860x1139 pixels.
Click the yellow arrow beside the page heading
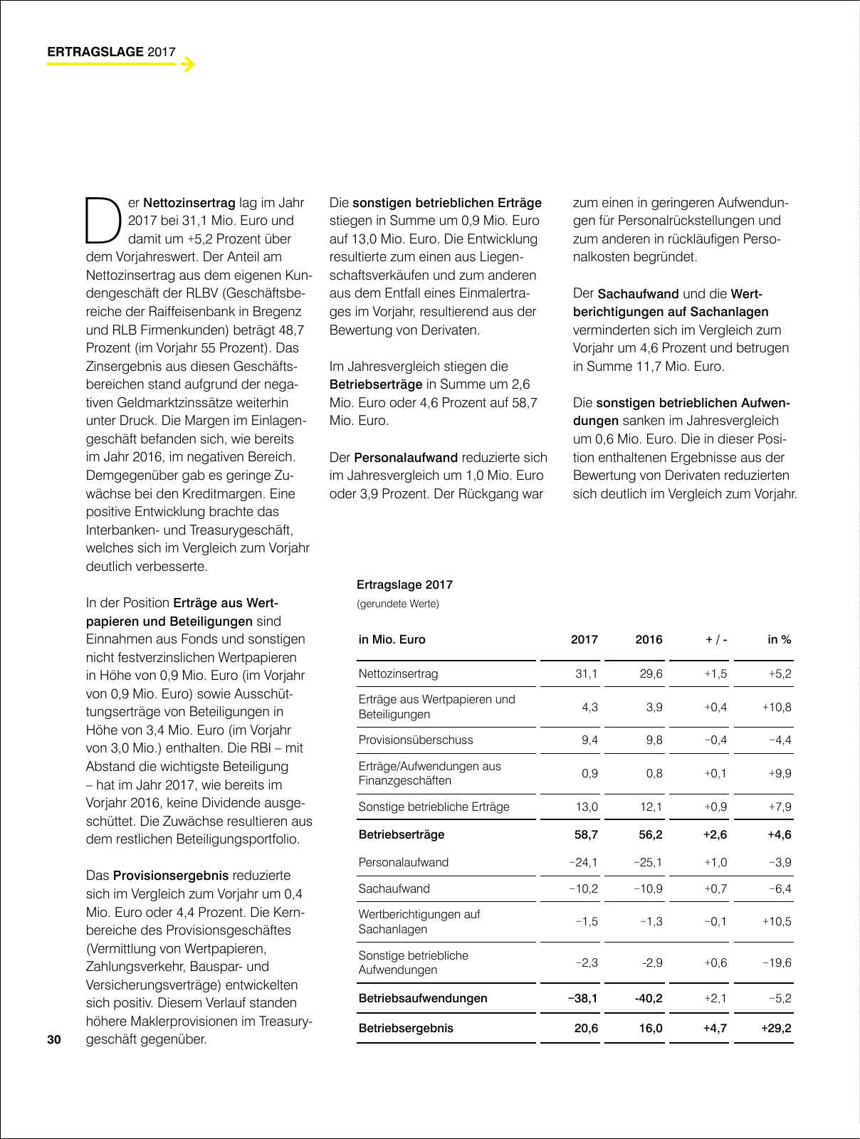(187, 65)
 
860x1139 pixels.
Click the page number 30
(54, 1039)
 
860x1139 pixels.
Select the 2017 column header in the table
(584, 639)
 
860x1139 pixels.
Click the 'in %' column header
(779, 639)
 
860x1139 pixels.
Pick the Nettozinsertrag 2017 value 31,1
(587, 673)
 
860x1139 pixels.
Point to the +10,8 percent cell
(776, 707)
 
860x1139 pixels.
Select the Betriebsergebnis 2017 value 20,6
(586, 1028)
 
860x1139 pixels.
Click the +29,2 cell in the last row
(776, 1028)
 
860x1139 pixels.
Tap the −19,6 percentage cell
(777, 962)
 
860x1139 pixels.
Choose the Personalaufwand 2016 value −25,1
(648, 862)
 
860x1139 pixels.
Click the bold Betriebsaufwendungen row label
(423, 998)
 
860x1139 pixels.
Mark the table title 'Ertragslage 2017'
(404, 585)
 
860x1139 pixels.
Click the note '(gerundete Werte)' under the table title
(398, 604)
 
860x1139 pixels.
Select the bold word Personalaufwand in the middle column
(406, 457)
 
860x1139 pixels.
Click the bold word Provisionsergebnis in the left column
(171, 876)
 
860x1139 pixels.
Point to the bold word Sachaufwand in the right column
(638, 293)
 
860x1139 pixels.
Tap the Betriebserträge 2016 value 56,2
(650, 834)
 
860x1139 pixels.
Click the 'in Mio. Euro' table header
(392, 639)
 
